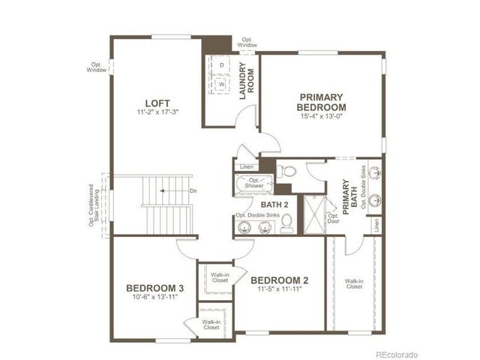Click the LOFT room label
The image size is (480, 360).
[157, 103]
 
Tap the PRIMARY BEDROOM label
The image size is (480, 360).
[321, 102]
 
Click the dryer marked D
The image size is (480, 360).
[222, 65]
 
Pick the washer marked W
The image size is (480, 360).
[222, 85]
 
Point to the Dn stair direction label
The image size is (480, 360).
[193, 191]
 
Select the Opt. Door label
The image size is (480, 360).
[334, 218]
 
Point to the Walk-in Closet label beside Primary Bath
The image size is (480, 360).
[353, 284]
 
